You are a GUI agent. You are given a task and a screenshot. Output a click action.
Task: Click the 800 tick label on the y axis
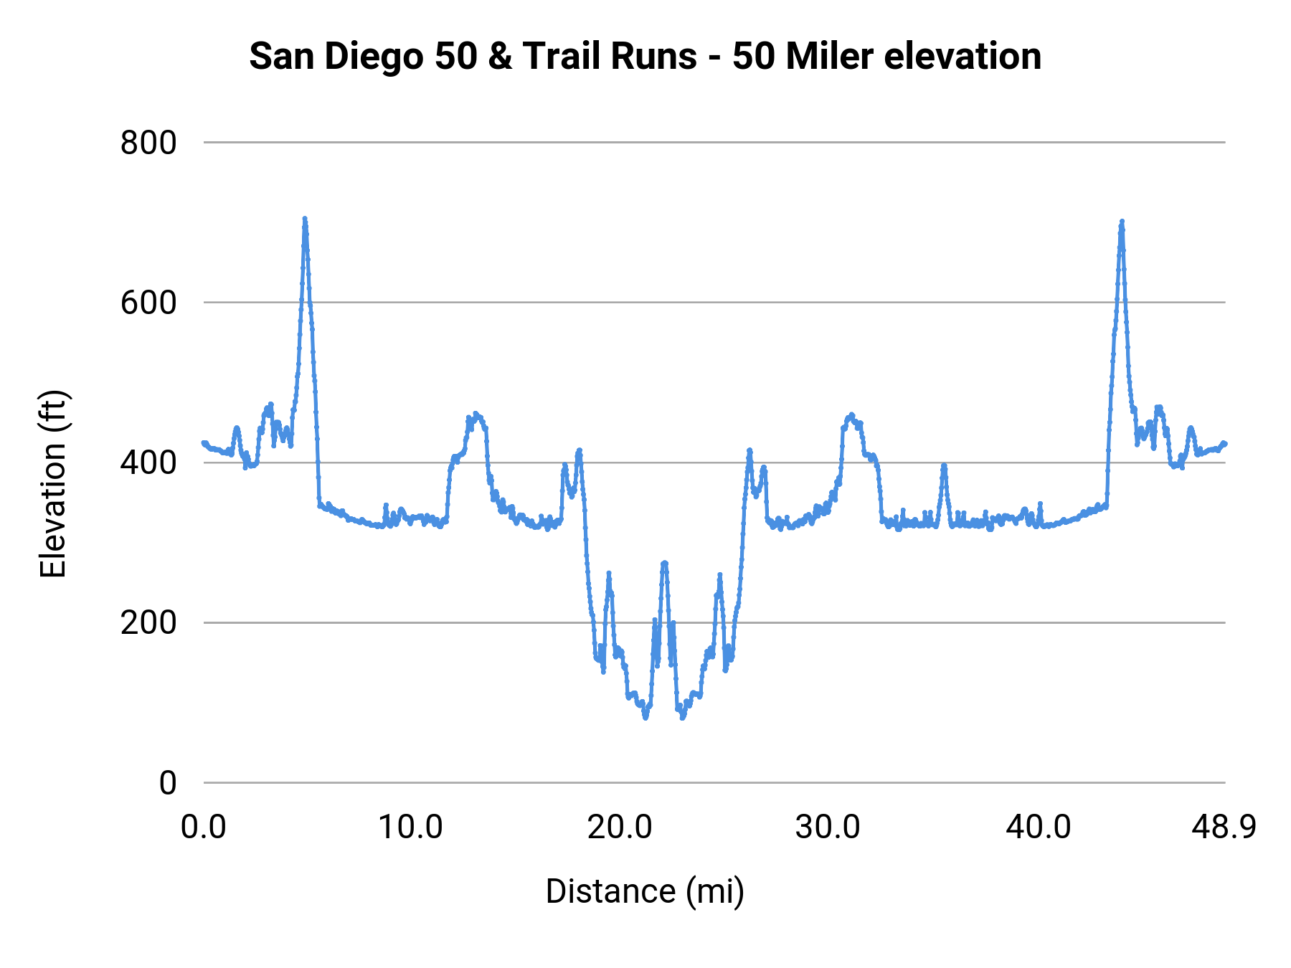(148, 143)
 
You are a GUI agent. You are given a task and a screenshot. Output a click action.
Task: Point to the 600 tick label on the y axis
(148, 303)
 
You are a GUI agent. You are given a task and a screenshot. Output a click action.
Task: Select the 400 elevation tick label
(148, 462)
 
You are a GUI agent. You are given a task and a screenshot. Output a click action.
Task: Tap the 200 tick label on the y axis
(148, 622)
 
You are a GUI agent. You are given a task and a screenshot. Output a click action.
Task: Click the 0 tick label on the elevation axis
(167, 783)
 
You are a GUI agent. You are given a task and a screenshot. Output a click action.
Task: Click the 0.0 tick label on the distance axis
(204, 827)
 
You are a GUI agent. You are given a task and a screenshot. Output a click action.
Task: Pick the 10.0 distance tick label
(410, 827)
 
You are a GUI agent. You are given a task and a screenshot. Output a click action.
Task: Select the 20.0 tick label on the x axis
(620, 827)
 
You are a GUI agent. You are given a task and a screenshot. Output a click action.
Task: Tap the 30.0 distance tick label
(828, 827)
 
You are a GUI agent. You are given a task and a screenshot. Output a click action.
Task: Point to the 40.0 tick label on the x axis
(1038, 827)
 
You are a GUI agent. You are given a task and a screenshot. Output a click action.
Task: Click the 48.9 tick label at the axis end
(1224, 827)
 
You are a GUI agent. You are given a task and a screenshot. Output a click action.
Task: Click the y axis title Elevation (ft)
(53, 484)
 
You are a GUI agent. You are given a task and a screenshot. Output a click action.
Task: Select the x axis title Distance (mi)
(645, 891)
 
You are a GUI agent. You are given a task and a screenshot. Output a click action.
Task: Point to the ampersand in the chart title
(500, 57)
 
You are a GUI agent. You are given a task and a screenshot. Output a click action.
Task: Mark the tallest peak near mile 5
(305, 219)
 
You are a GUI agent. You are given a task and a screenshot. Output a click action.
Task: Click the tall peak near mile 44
(1122, 222)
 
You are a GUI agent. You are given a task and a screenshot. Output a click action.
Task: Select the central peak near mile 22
(664, 564)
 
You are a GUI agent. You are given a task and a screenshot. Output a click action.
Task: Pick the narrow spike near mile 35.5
(944, 465)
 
